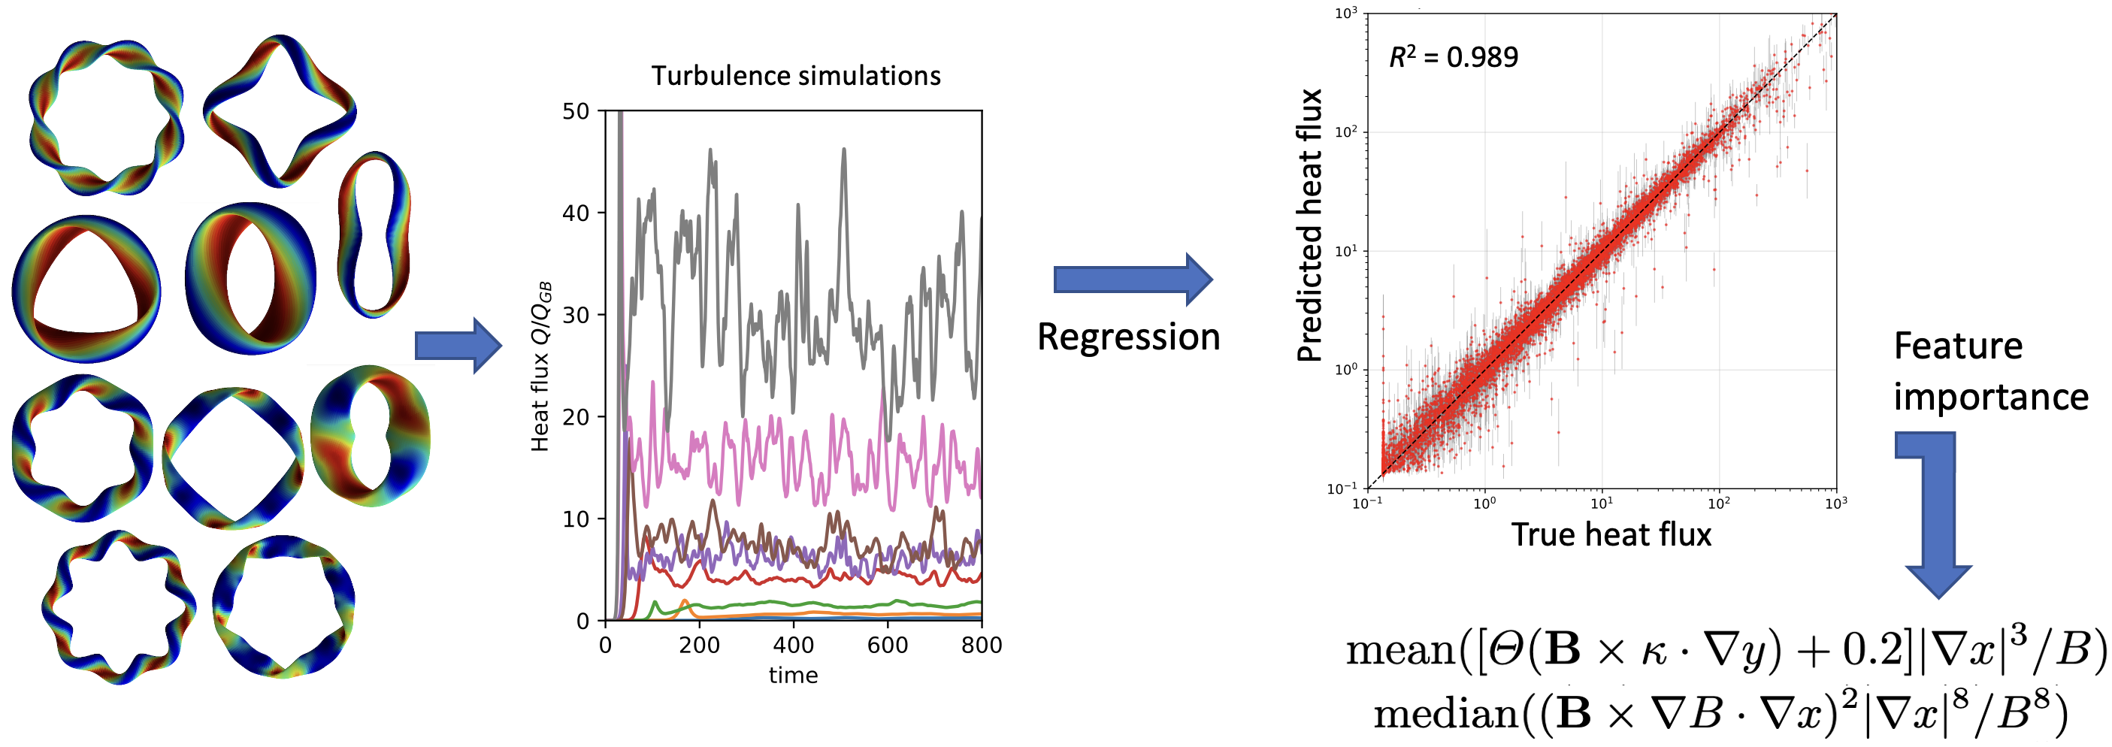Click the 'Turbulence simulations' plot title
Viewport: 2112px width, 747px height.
coord(795,75)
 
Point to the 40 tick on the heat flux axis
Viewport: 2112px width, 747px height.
coord(576,213)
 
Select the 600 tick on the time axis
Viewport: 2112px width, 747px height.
coord(887,646)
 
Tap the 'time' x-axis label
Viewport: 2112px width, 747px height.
coord(793,675)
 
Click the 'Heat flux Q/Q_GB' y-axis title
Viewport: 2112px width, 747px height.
coord(541,366)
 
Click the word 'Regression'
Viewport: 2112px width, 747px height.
coord(1128,337)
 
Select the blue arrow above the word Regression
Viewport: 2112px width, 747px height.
coord(1132,280)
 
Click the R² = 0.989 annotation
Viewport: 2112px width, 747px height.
coord(1454,56)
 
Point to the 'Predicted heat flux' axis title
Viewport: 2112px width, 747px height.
coord(1309,225)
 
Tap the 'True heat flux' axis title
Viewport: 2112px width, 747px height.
coord(1611,534)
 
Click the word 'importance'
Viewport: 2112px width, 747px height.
coord(1991,397)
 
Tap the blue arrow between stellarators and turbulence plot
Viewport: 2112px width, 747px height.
coord(458,345)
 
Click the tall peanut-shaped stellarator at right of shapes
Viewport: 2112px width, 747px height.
coord(374,234)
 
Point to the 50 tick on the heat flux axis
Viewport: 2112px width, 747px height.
coord(576,111)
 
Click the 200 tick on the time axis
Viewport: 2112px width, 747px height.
coord(699,646)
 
